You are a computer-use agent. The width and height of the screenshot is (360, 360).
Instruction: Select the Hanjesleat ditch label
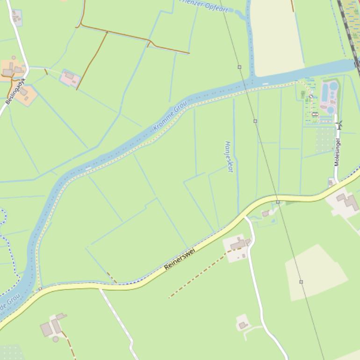coord(229,157)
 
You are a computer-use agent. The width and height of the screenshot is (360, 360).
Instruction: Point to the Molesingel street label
coord(337,152)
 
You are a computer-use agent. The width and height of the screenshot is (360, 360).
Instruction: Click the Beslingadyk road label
coord(15,91)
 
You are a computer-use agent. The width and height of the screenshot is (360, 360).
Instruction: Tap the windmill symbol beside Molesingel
coord(339,124)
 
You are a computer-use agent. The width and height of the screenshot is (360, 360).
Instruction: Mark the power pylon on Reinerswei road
coord(278,202)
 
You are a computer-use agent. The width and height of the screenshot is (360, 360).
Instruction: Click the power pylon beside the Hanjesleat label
coord(255,121)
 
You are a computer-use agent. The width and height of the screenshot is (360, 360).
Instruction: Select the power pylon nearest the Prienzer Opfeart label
coord(239,67)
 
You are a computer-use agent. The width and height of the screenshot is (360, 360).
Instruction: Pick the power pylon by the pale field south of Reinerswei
coord(301,282)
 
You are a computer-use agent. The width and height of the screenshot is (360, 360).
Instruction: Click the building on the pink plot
coord(70,76)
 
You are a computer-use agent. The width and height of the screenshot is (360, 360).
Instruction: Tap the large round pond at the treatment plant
coord(333,86)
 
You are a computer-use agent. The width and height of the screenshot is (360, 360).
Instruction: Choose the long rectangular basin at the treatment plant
coord(324,93)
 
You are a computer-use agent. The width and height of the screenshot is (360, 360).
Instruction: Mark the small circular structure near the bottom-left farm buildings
coord(56,339)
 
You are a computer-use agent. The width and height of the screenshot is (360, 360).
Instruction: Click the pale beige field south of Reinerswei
coord(316,274)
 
